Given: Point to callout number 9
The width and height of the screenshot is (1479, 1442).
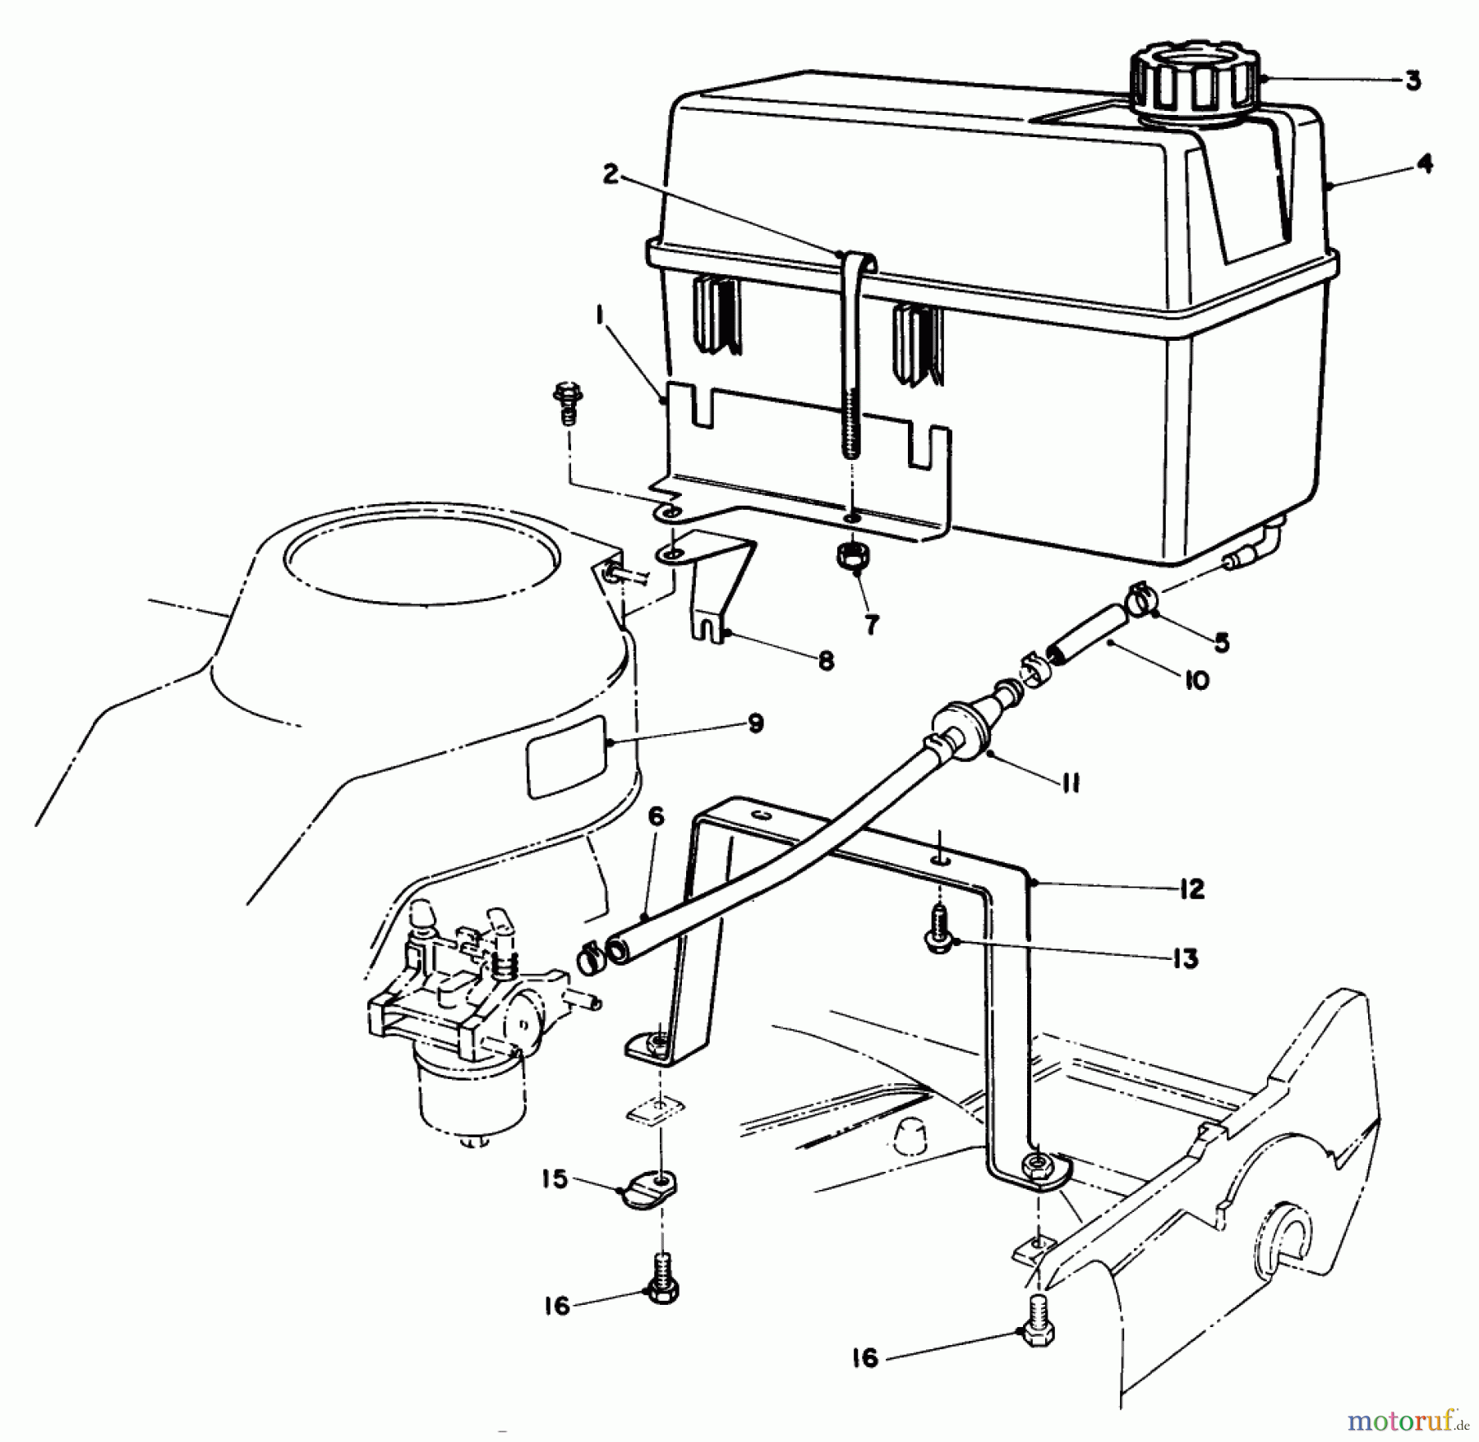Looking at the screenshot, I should [x=755, y=723].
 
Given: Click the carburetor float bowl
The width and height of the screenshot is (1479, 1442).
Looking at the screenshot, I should [x=456, y=1096].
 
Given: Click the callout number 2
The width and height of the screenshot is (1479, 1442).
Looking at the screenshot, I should [x=610, y=176].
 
